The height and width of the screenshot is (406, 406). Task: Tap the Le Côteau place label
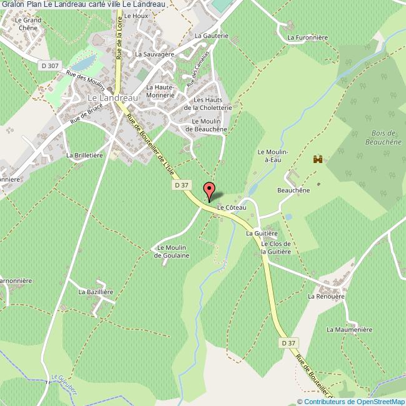click(232, 207)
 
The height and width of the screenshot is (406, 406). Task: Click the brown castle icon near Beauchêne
click(317, 160)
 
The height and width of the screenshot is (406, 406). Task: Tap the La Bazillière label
click(95, 292)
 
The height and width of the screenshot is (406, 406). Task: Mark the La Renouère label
click(326, 296)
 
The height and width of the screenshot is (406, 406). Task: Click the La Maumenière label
click(349, 329)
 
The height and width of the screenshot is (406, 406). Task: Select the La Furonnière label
click(307, 37)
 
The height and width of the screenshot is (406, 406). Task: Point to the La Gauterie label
click(212, 36)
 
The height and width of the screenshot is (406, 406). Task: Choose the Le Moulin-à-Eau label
click(270, 156)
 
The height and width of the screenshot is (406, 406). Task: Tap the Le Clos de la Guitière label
click(275, 247)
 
